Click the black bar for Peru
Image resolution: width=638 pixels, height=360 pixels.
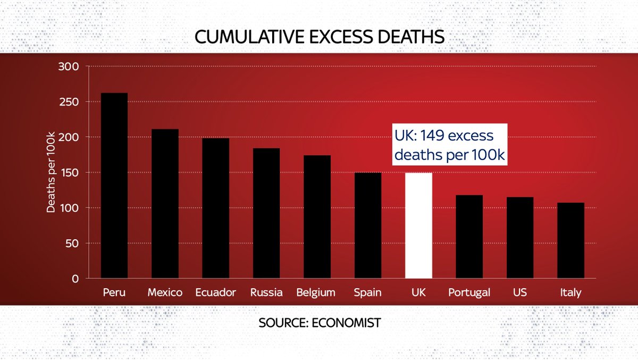coord(114,186)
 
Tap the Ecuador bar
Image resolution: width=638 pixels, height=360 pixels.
coord(215,208)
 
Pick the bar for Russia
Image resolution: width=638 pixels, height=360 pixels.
coord(266,213)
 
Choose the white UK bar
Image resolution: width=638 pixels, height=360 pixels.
coord(418,225)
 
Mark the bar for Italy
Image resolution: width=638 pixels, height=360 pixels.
coord(570,240)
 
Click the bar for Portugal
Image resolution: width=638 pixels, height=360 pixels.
coord(469,237)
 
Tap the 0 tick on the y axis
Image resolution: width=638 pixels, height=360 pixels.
coord(75,279)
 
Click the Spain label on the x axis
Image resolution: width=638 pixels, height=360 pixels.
coord(368,292)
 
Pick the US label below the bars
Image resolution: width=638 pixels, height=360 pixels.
coord(519,292)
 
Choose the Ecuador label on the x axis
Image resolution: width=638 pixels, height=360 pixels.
coord(215,292)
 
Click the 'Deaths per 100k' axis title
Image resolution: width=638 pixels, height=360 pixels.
coord(51,173)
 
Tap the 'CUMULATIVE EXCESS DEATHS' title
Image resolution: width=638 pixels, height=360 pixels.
coord(319,37)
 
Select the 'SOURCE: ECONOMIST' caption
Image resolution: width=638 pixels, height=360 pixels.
coord(320,323)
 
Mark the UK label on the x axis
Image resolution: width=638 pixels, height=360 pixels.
coord(418,292)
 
